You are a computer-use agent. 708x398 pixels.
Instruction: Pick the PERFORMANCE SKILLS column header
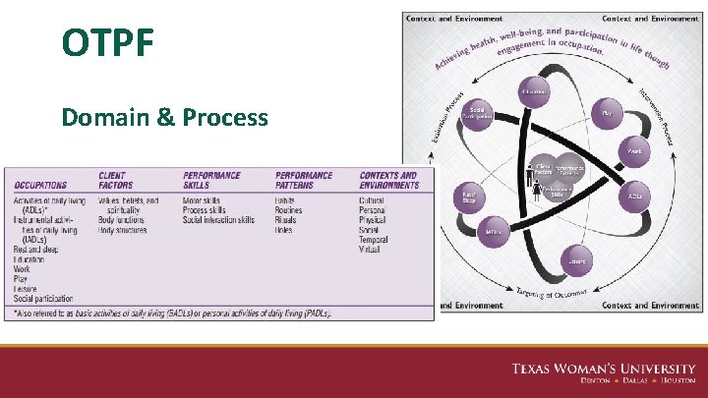pos(210,180)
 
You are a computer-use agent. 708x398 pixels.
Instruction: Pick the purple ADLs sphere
pos(636,196)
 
